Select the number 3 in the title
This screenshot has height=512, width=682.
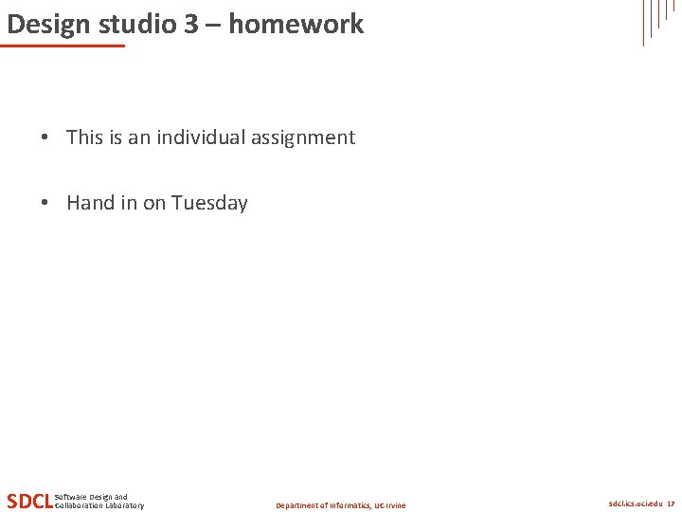coord(192,24)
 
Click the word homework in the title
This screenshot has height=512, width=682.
coord(296,24)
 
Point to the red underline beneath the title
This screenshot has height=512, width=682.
coord(64,46)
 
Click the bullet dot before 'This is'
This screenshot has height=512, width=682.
coord(45,137)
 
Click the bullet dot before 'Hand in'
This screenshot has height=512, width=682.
coord(45,203)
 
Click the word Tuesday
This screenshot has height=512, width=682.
coord(209,204)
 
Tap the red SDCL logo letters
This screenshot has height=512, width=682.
coord(28,501)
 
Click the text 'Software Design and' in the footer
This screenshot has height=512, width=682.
coord(92,497)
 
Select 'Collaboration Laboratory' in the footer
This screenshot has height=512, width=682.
coord(99,505)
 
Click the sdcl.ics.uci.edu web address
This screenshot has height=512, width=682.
coord(635,504)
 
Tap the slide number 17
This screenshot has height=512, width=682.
coord(671,504)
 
